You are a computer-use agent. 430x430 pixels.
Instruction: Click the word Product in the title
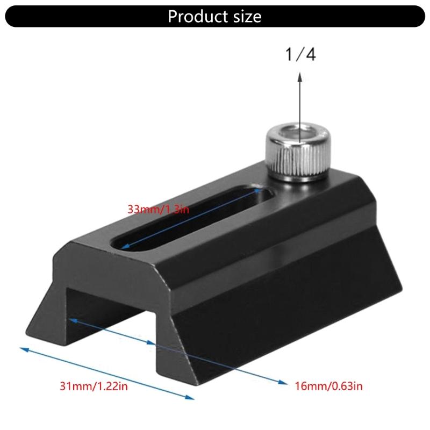pos(193,16)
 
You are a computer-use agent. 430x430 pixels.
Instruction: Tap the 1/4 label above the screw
pos(300,55)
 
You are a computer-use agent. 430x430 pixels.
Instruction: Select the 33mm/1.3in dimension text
pos(159,209)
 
